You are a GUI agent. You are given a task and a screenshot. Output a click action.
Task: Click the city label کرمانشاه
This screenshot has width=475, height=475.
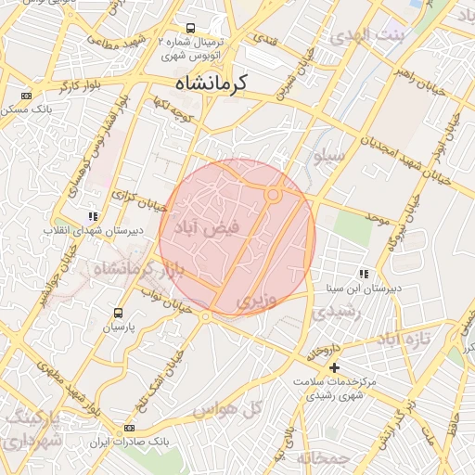coord(211,83)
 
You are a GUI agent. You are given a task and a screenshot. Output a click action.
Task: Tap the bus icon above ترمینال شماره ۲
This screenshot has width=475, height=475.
coord(190,29)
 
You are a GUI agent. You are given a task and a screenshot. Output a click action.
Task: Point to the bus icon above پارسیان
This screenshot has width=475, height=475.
coord(118,313)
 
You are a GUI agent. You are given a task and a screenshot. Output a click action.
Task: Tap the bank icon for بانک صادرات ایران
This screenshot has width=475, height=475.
coord(128,428)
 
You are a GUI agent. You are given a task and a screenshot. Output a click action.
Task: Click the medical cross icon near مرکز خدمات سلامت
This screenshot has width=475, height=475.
coord(335,367)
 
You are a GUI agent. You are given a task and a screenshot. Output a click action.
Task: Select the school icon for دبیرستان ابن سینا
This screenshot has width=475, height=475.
coord(364,274)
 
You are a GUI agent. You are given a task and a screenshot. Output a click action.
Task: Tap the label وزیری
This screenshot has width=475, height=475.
coord(256,301)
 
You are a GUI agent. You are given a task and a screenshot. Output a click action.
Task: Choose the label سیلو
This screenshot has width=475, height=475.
coord(331,157)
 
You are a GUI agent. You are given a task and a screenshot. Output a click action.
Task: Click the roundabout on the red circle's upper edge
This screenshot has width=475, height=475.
coord(273,194)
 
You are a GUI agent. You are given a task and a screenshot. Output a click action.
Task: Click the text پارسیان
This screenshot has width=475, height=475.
coord(118,328)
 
